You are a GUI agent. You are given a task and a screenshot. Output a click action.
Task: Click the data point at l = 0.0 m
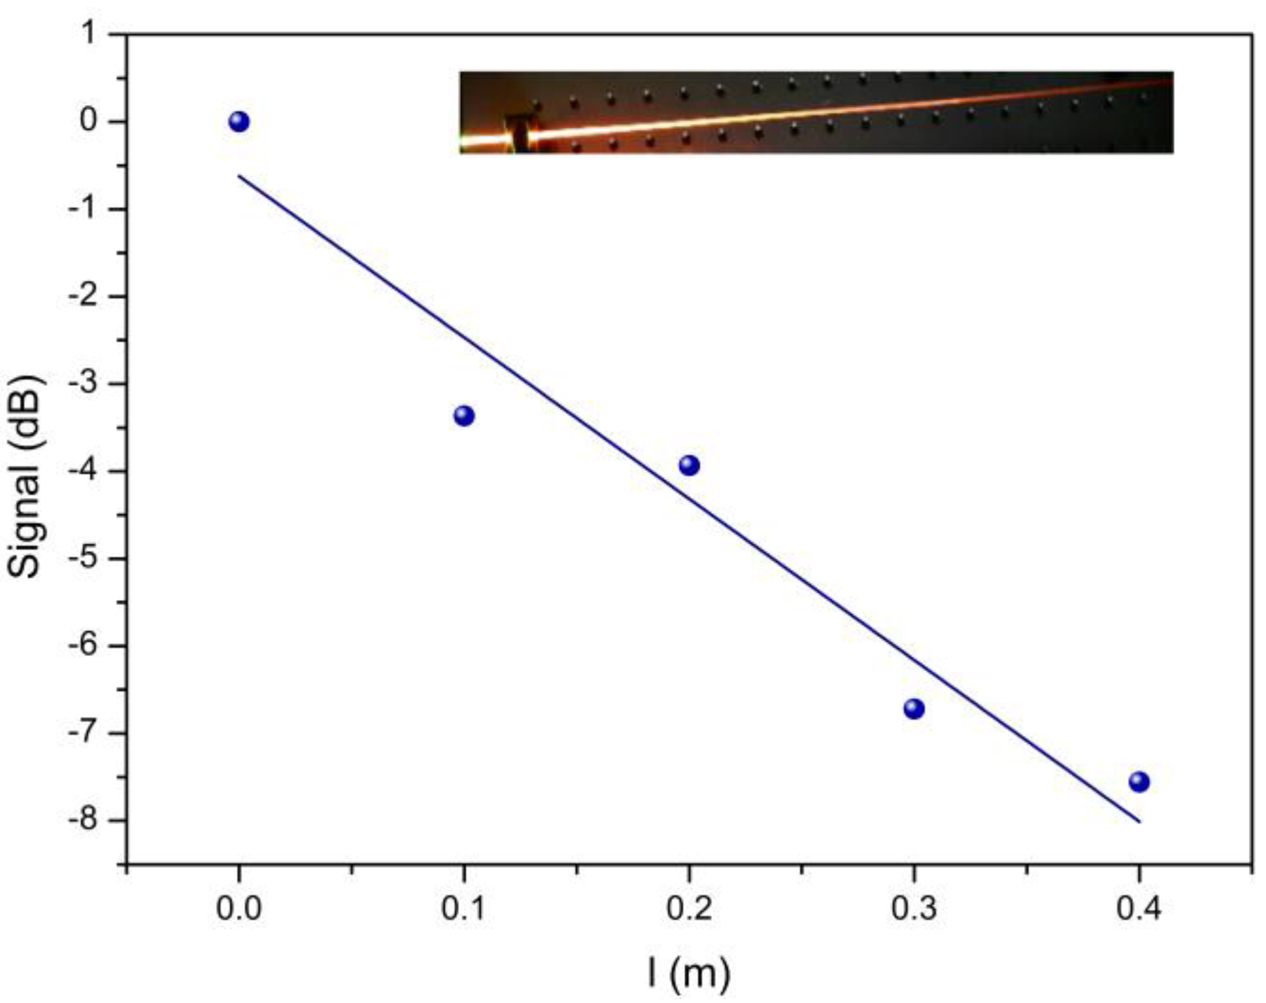pyautogui.click(x=239, y=122)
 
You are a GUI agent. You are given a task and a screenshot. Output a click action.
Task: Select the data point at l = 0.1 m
pyautogui.click(x=464, y=416)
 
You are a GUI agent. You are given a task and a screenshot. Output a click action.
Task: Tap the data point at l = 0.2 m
pyautogui.click(x=689, y=465)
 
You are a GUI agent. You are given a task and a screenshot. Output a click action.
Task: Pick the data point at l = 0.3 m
pyautogui.click(x=914, y=709)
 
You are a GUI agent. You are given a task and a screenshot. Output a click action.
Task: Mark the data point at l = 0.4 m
pyautogui.click(x=1139, y=782)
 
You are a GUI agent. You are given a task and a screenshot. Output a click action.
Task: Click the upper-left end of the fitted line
pyautogui.click(x=239, y=176)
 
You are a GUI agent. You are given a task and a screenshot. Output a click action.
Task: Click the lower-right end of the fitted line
pyautogui.click(x=1139, y=821)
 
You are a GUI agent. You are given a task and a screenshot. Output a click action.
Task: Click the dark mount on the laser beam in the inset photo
pyautogui.click(x=519, y=133)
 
